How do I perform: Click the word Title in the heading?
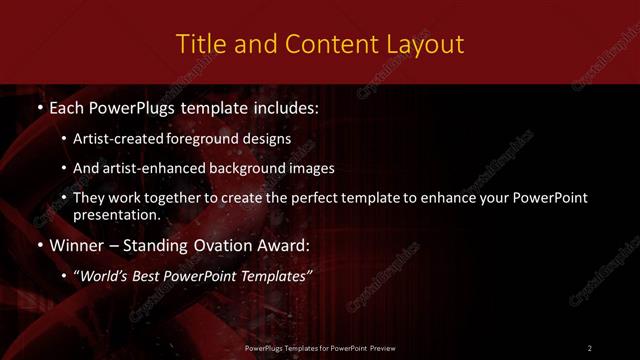pos(198,44)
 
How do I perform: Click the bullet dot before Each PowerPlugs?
pos(38,106)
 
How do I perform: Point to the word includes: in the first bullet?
pos(283,106)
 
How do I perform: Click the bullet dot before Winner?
pos(38,245)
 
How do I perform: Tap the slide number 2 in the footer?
pos(590,347)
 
